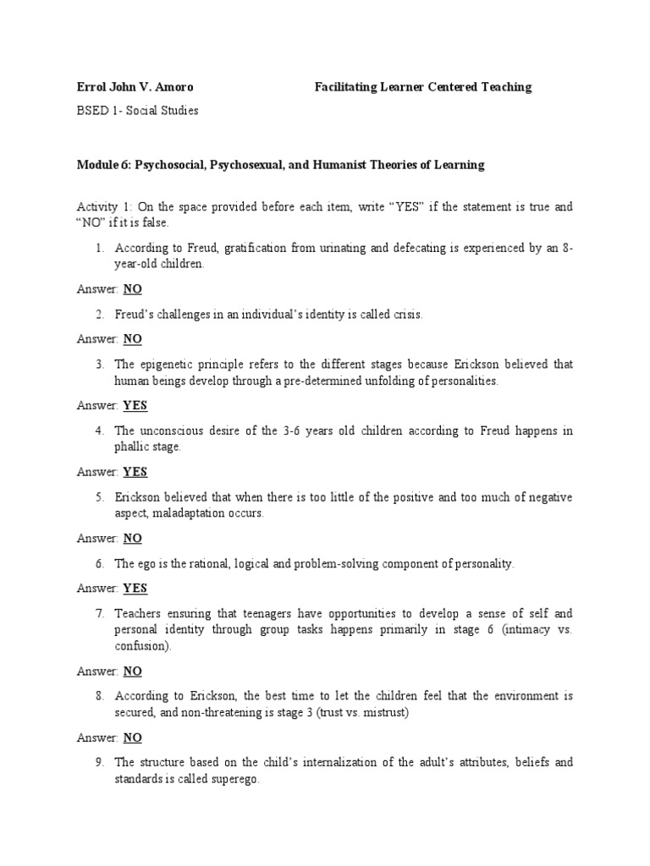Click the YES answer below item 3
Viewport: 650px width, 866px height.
point(135,405)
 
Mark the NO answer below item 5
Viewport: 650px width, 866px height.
point(133,538)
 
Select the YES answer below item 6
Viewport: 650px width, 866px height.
point(135,588)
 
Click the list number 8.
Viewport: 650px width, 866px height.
point(99,696)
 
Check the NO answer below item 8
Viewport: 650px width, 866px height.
point(133,737)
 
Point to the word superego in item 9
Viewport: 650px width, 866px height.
point(233,779)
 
